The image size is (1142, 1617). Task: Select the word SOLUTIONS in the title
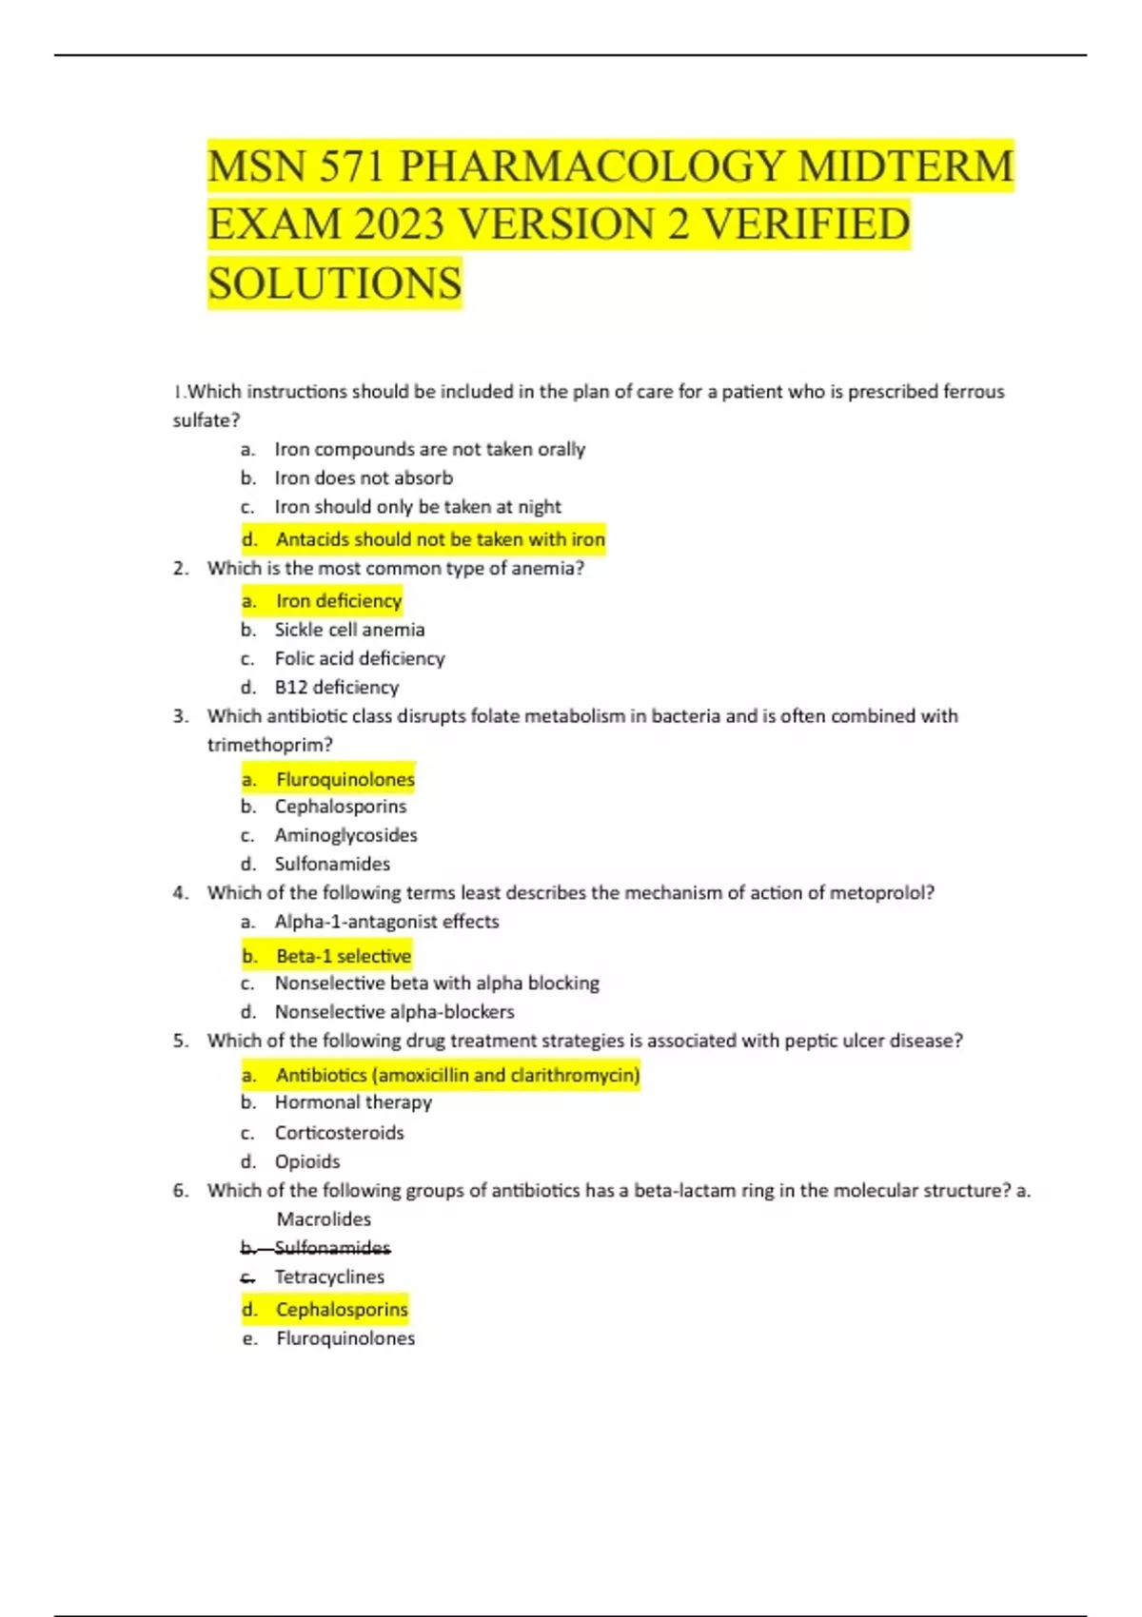tap(335, 283)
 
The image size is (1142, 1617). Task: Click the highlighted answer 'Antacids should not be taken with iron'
tap(440, 539)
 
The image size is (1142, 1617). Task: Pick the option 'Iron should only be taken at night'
tap(418, 507)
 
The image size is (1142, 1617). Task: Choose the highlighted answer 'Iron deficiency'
tap(339, 600)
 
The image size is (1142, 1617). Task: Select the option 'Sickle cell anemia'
tap(349, 630)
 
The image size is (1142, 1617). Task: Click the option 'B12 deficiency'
tap(336, 687)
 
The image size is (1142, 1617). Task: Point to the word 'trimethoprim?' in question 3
tap(270, 745)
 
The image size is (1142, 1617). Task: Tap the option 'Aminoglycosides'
tap(345, 835)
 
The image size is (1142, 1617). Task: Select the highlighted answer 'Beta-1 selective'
tap(344, 955)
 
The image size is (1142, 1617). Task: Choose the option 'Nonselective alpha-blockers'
tap(394, 1012)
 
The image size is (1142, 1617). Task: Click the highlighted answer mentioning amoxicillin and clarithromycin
tap(458, 1075)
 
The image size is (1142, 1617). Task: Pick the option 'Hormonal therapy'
tap(353, 1102)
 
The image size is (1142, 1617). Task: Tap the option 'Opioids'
tap(307, 1161)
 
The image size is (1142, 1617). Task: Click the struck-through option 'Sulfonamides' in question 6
tap(332, 1247)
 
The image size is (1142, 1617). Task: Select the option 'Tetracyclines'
tap(329, 1276)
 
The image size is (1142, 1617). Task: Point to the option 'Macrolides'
tap(324, 1219)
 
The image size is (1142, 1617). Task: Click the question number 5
tap(181, 1041)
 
